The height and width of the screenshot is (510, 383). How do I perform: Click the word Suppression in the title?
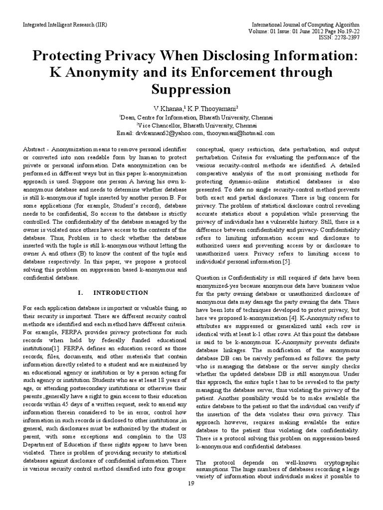click(191, 89)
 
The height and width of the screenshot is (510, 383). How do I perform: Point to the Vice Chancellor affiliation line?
click(191, 125)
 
